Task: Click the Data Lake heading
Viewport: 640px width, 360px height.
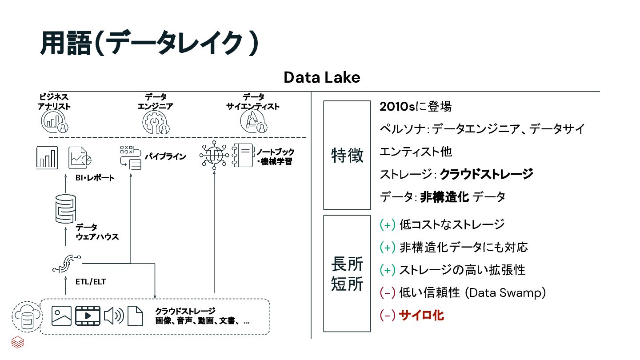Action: tap(322, 77)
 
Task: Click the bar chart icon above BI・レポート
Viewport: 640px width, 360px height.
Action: tap(47, 158)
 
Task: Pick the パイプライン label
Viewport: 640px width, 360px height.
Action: tap(165, 156)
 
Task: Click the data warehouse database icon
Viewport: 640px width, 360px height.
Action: tap(65, 208)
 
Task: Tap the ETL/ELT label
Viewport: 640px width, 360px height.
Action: tap(91, 281)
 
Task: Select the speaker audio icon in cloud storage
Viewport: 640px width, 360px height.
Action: tap(114, 316)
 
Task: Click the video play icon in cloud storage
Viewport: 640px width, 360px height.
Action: tap(88, 316)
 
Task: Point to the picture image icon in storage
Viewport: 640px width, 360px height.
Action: tap(61, 316)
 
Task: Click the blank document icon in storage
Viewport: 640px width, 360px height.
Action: tap(136, 316)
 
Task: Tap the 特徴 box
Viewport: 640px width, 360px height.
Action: tap(347, 155)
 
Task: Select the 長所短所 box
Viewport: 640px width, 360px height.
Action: tap(347, 274)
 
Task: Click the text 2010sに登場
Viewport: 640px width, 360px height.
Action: tap(416, 107)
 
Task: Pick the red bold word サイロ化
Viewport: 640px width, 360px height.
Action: tap(421, 316)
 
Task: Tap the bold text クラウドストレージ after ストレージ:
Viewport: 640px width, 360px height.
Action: tap(486, 174)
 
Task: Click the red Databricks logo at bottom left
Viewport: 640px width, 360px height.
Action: tap(17, 342)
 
